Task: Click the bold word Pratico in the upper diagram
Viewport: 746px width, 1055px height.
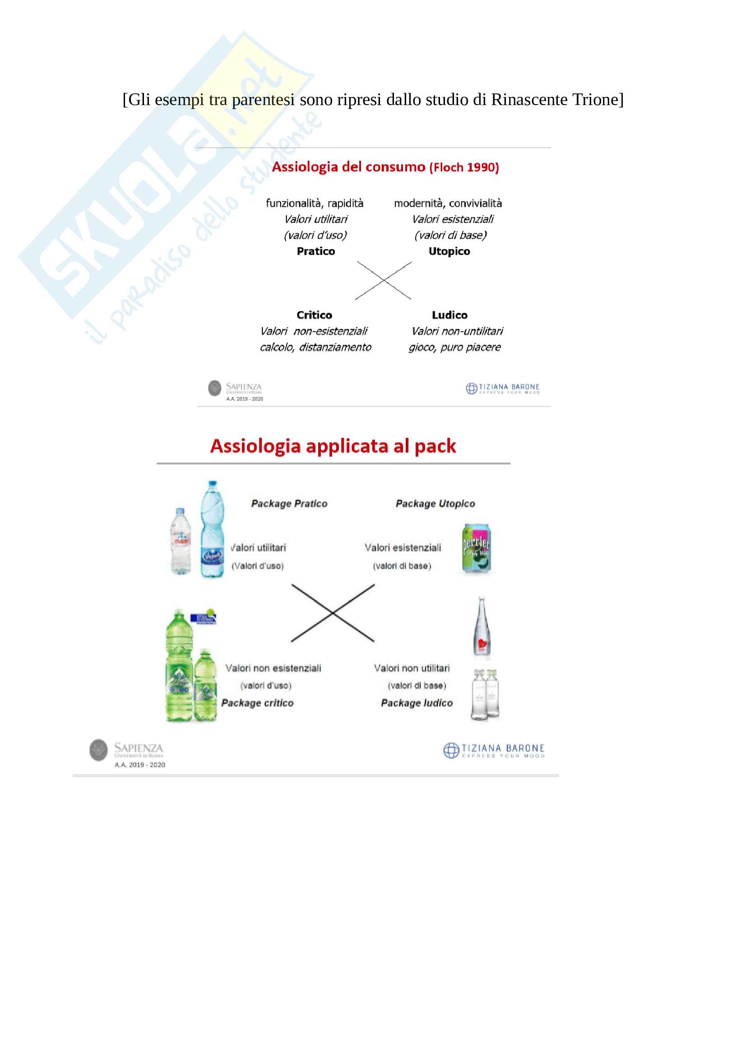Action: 316,251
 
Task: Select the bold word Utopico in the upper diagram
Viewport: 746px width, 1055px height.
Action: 449,251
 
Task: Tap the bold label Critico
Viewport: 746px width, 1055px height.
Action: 314,315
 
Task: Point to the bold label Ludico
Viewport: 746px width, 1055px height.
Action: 449,315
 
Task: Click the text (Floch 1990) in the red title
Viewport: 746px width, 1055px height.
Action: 464,168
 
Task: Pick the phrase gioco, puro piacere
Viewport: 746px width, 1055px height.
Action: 454,347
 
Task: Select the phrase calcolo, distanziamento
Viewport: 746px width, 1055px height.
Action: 315,347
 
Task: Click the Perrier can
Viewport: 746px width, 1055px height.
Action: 476,548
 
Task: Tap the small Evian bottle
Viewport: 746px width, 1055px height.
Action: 180,541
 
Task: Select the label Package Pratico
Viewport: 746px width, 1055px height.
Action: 289,504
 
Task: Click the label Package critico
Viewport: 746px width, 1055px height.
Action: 257,703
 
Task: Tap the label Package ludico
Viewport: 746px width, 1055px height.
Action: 417,703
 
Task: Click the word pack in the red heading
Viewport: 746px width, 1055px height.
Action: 435,446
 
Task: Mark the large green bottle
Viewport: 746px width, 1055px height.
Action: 179,666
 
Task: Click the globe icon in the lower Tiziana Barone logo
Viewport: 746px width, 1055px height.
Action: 451,751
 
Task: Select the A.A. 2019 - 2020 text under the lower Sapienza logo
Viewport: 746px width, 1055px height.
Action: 140,765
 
